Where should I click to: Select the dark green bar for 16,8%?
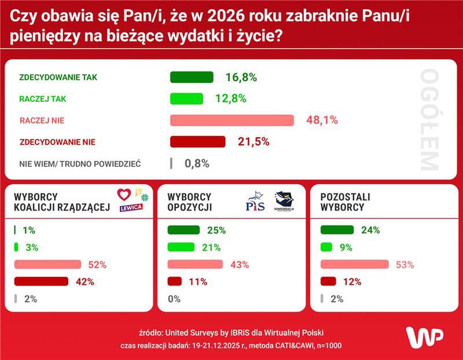[x=192, y=78]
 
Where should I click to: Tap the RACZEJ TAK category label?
[x=43, y=99]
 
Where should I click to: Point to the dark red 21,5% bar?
[x=197, y=142]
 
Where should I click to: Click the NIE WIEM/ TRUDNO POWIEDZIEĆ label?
[x=80, y=164]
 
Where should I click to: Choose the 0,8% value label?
[x=197, y=164]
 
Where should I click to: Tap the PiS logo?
[x=255, y=203]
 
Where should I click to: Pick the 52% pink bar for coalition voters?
[x=49, y=265]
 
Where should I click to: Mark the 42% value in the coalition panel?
[x=84, y=282]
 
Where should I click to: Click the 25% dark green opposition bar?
[x=183, y=230]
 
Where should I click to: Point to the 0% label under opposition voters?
[x=174, y=299]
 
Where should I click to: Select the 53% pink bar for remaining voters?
[x=354, y=265]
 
